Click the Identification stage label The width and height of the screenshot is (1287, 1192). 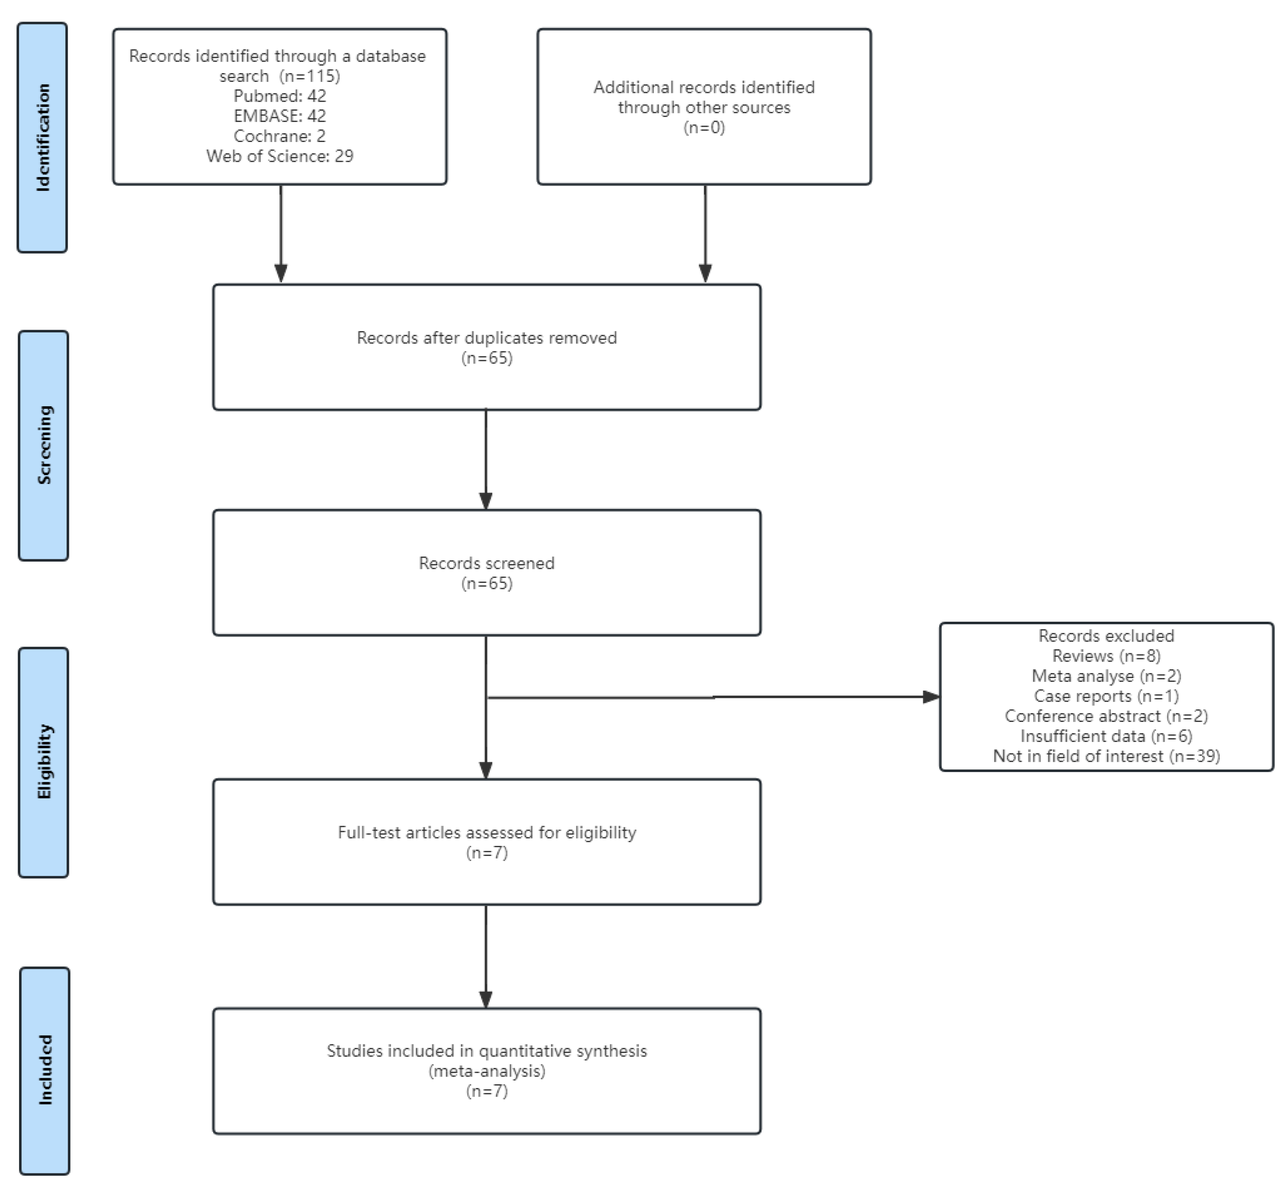(x=43, y=137)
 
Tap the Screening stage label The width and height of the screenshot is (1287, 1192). (x=44, y=445)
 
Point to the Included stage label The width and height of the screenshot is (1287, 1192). (x=45, y=1070)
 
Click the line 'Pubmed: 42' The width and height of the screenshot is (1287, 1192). (x=279, y=96)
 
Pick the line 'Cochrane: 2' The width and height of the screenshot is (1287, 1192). (x=279, y=136)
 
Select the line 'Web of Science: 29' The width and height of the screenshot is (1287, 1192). (x=279, y=156)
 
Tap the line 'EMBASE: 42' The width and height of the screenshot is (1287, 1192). (x=279, y=116)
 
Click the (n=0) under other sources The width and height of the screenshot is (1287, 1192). (x=704, y=127)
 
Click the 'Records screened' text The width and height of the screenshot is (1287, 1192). (x=486, y=563)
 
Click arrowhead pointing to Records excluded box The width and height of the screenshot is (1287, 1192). (x=931, y=697)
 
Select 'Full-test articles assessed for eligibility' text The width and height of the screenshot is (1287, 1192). (x=486, y=832)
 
